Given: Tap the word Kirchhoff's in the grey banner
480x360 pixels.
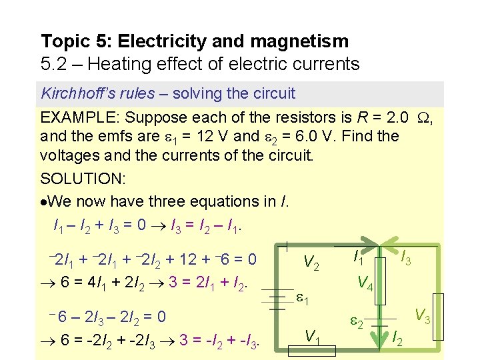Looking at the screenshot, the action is (77, 93).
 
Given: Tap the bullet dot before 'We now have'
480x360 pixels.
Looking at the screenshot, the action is (45, 201).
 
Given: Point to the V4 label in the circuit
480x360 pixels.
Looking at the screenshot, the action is (365, 283).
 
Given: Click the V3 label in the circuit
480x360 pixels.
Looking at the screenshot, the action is (423, 315).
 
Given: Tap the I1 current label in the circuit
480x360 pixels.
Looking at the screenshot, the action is (357, 256).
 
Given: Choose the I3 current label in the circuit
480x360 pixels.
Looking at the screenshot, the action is (405, 257).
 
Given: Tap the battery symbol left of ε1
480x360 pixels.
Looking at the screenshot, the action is (273, 299).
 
